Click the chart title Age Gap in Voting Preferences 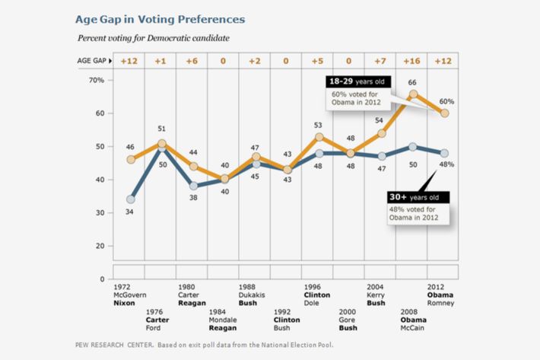tap(160, 18)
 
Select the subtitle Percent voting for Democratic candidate tap(154, 37)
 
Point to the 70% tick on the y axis tap(96, 80)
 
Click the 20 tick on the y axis tap(99, 246)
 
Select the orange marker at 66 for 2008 tap(413, 94)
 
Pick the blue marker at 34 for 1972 tap(130, 199)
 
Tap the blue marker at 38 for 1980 tap(193, 186)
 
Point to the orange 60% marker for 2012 tap(445, 113)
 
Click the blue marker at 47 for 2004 tap(382, 156)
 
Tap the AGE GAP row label tap(92, 60)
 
